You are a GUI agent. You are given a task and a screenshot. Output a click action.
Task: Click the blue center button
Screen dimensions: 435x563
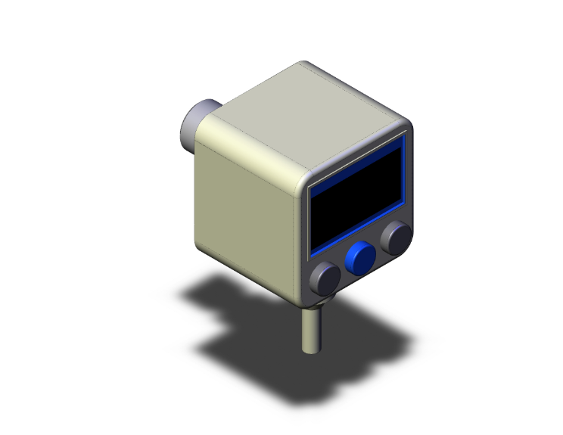tap(360, 258)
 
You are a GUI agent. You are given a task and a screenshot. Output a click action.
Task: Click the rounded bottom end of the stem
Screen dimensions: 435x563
tap(311, 350)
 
